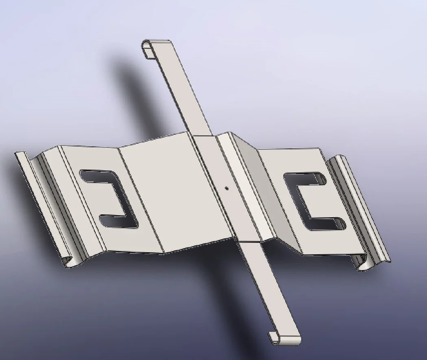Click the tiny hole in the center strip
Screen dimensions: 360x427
point(227,188)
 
